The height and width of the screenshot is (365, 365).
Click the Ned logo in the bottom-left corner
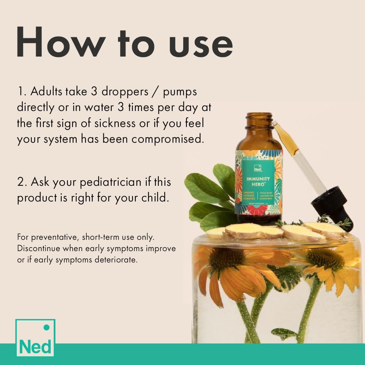35,338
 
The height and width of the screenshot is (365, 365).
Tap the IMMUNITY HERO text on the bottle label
258,181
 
